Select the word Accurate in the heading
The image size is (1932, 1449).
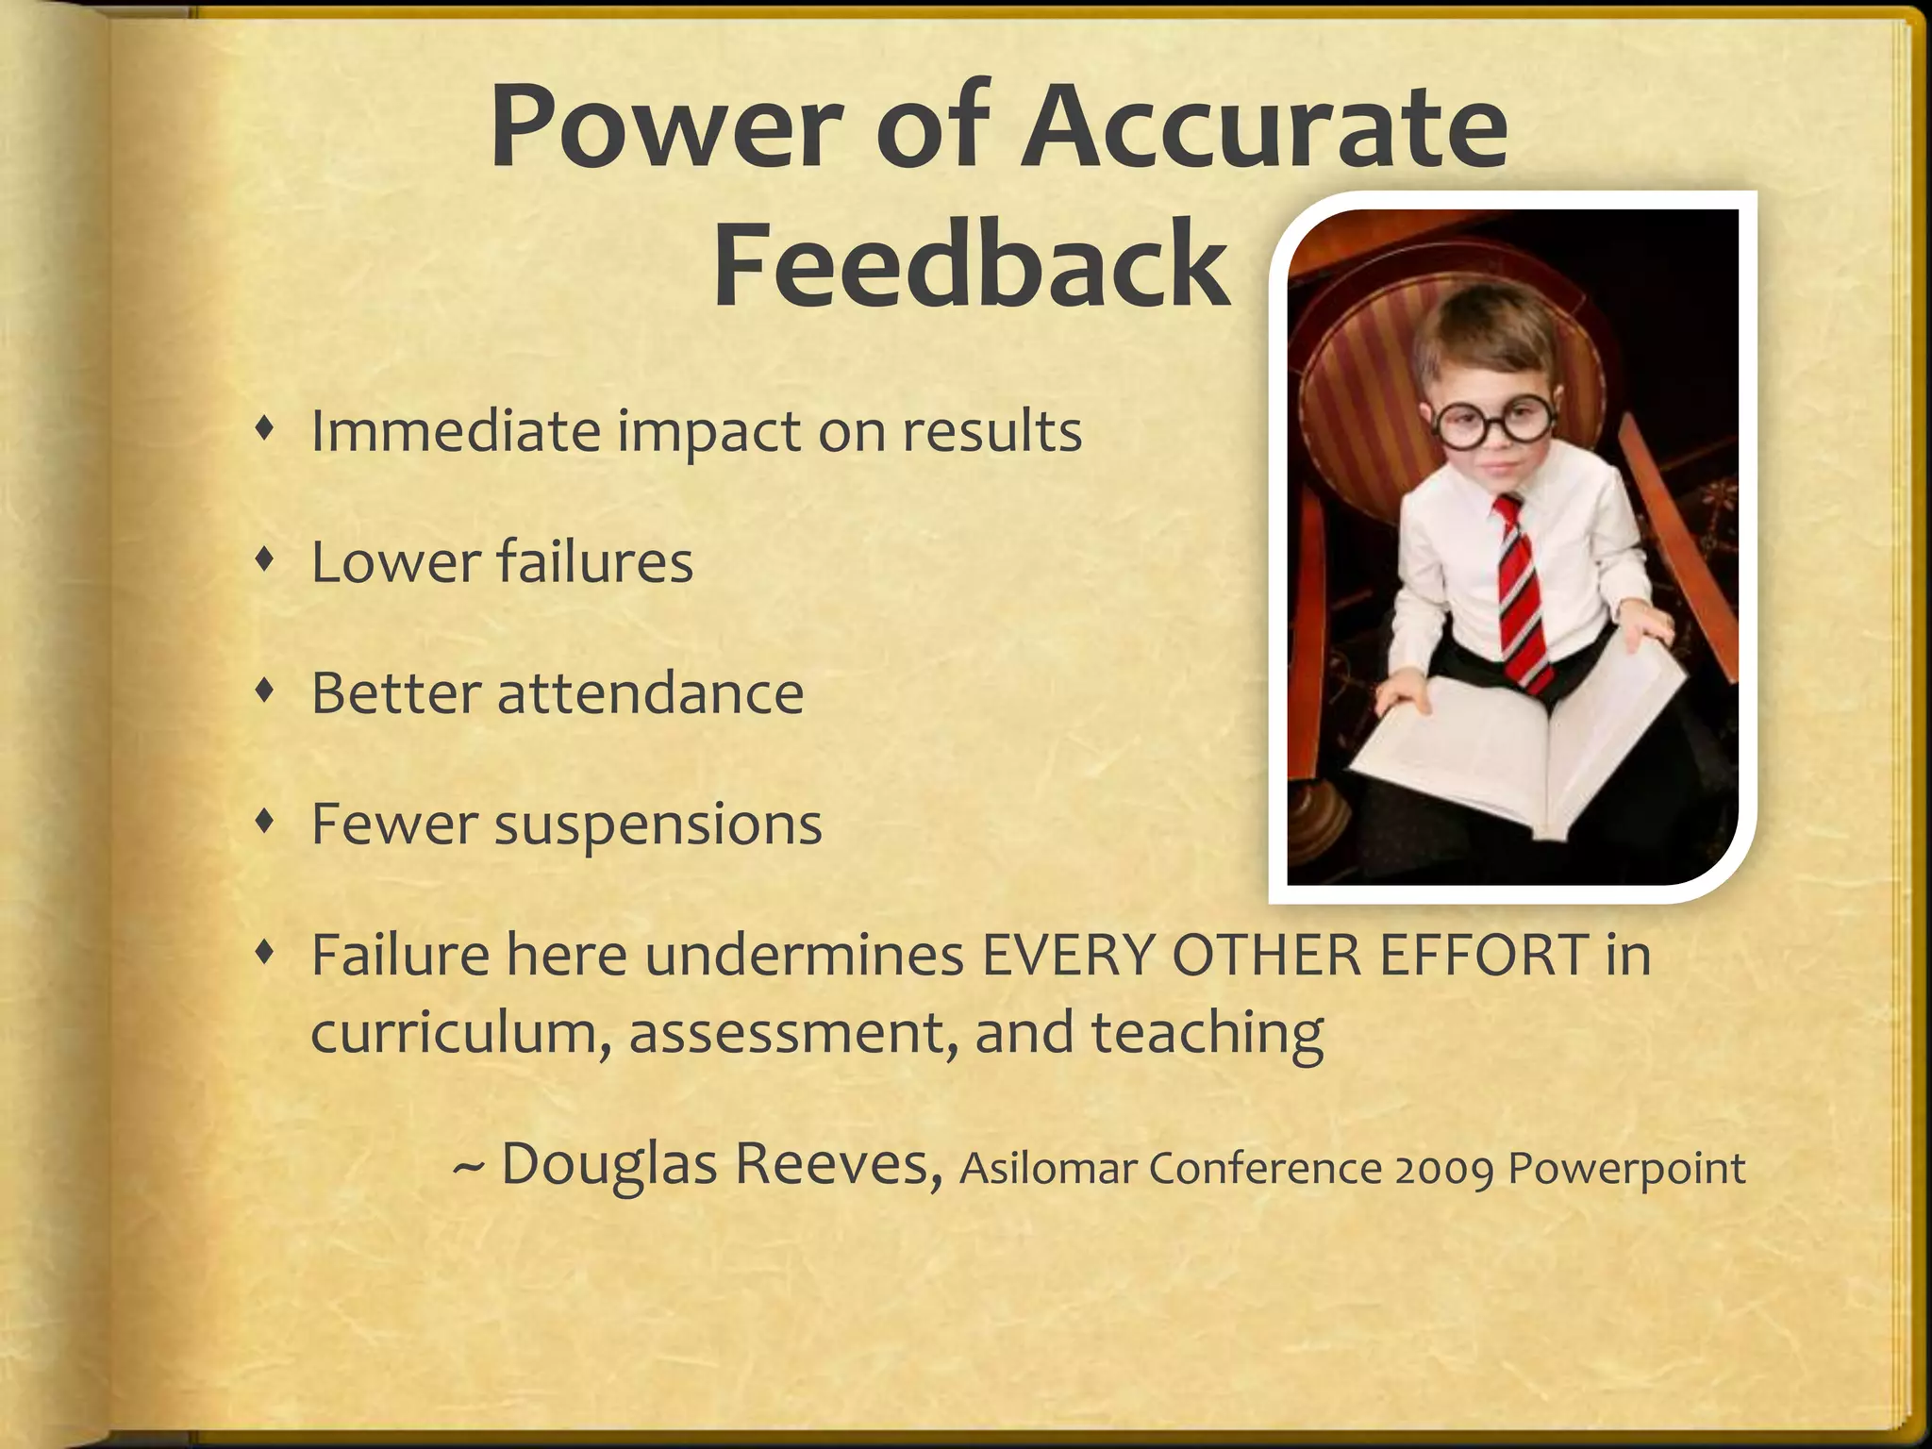click(1265, 126)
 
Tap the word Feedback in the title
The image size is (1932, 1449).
click(972, 264)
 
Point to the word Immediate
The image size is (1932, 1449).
click(456, 431)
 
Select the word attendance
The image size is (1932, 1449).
click(650, 692)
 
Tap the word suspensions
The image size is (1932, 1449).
click(658, 824)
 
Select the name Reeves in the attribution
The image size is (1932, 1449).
click(839, 1163)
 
